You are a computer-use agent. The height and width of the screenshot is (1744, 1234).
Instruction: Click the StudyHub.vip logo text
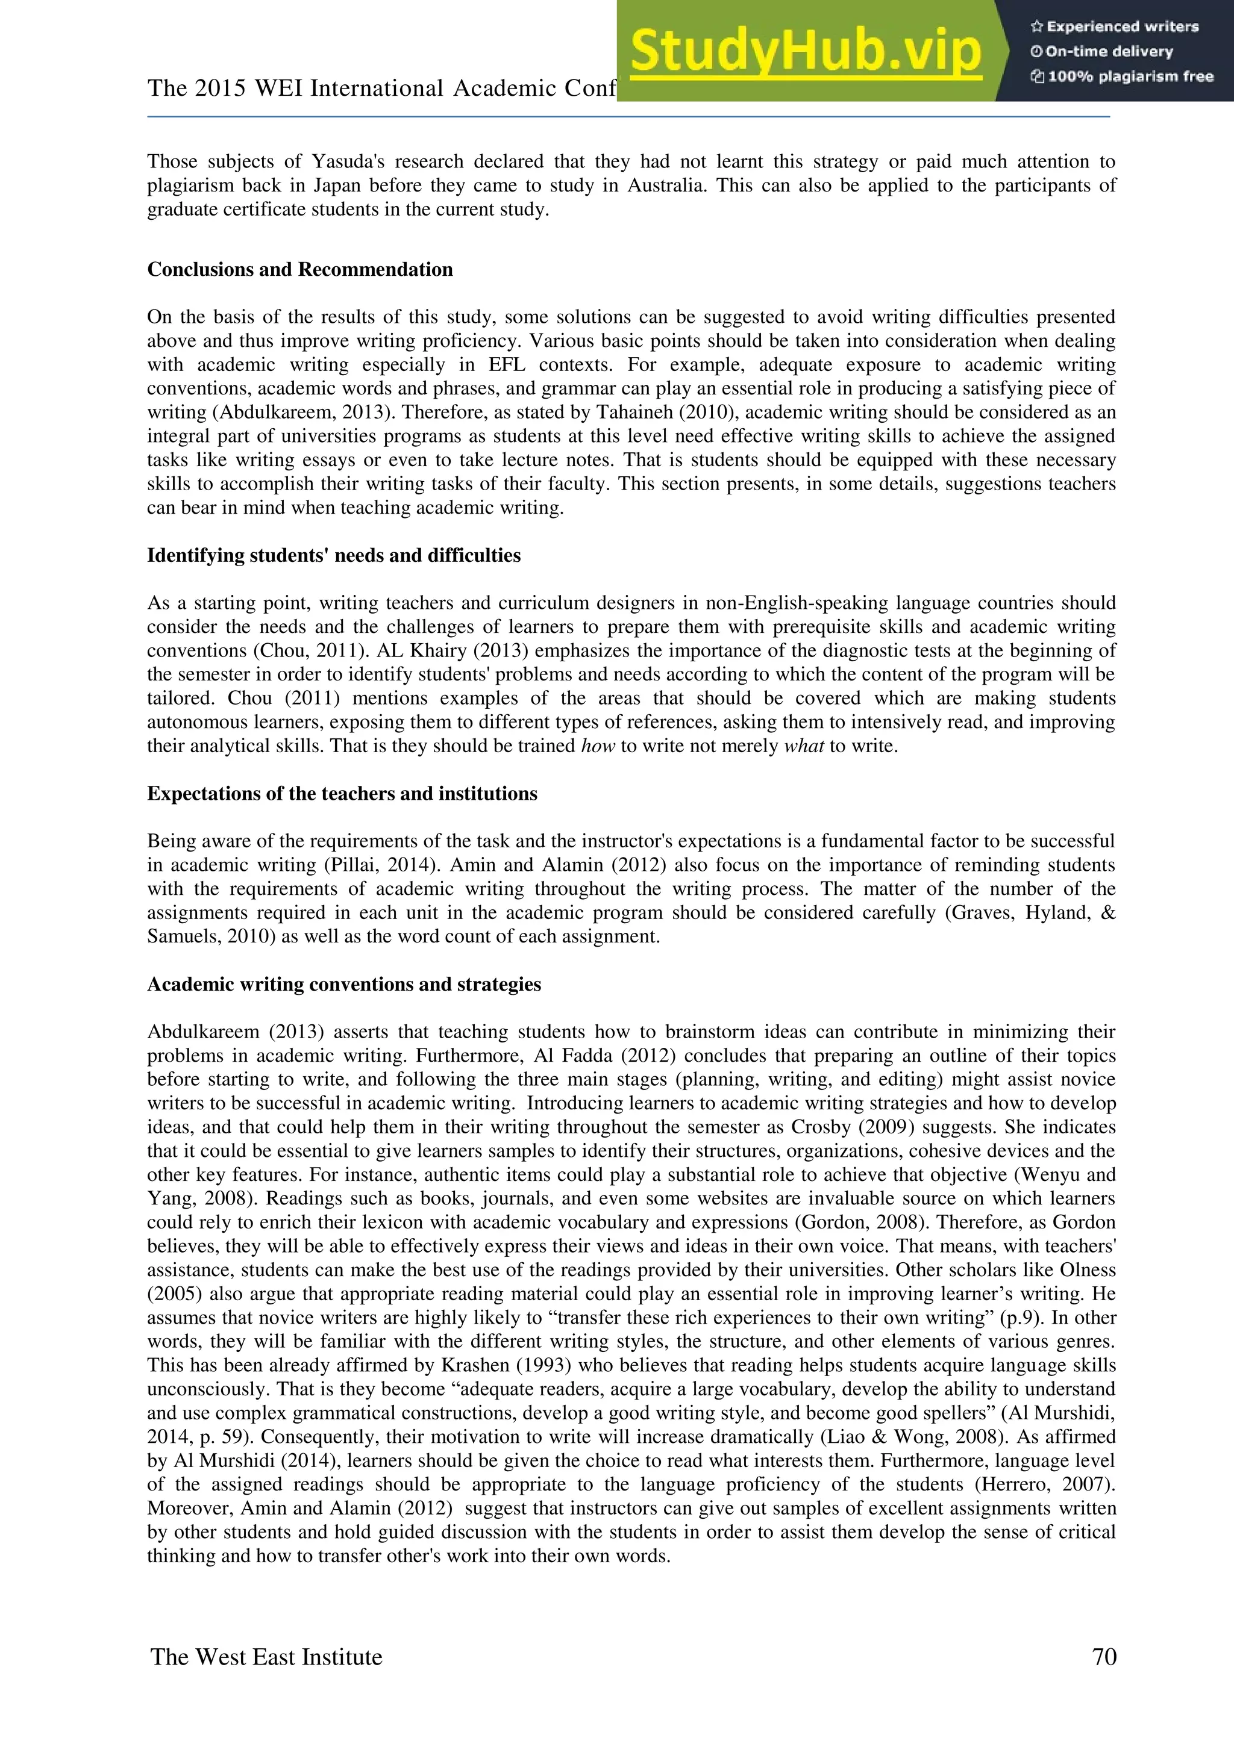[806, 52]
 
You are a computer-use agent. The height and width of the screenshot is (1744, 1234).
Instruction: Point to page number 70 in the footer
[1104, 1657]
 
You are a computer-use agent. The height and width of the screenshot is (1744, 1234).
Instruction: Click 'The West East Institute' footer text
[266, 1657]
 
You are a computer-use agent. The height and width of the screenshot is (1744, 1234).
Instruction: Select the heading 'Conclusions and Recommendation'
[299, 270]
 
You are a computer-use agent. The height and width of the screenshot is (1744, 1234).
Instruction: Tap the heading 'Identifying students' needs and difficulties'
[334, 555]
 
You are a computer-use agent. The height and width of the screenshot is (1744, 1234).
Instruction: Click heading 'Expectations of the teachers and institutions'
[342, 794]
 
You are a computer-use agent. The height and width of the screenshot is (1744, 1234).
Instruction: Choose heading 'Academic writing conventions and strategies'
[343, 985]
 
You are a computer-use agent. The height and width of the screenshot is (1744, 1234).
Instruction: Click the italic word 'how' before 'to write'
[597, 746]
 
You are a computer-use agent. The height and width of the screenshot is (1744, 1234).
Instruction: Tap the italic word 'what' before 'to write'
[803, 746]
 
